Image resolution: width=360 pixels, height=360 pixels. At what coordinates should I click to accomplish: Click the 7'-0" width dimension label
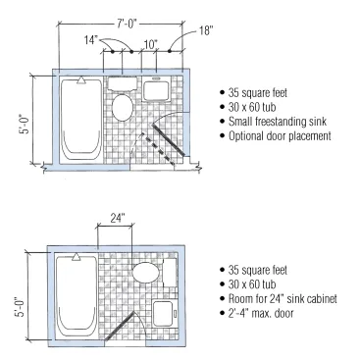[127, 24]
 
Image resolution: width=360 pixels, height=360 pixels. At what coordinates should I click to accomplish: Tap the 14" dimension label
[91, 40]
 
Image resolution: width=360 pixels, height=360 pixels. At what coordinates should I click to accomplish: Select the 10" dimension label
[151, 44]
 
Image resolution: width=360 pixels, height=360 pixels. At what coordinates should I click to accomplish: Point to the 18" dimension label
[206, 30]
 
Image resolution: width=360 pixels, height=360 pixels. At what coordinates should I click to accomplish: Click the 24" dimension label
[117, 218]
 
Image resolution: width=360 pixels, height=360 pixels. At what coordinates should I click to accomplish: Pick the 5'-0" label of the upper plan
[25, 124]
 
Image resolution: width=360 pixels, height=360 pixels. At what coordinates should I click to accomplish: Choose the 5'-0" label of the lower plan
[21, 306]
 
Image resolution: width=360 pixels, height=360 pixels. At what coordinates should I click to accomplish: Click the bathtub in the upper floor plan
[81, 120]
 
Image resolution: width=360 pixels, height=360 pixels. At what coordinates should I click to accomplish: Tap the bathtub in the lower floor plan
[77, 297]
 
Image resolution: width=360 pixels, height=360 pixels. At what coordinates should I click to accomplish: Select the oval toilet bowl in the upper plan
[123, 108]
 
